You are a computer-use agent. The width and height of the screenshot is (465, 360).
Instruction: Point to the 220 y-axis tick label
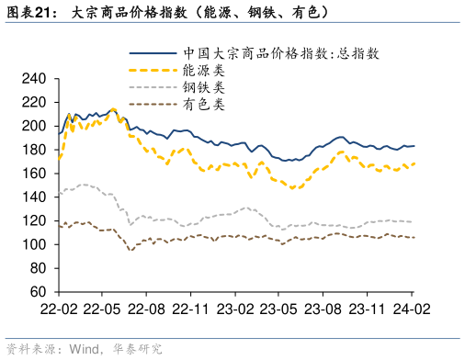point(34,102)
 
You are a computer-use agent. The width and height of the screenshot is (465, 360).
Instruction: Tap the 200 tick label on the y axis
point(34,126)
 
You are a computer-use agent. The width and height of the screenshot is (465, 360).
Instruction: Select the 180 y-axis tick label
point(34,150)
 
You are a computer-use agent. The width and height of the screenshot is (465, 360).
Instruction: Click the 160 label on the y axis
point(34,174)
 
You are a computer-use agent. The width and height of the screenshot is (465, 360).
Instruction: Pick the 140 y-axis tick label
point(34,197)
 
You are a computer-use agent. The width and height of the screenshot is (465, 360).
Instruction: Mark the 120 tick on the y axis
point(34,221)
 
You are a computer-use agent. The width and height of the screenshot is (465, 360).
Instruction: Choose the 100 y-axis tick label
point(34,245)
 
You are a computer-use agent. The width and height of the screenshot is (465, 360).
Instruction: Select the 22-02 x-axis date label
point(58,309)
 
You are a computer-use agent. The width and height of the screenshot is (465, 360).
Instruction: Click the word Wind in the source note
point(85,349)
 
